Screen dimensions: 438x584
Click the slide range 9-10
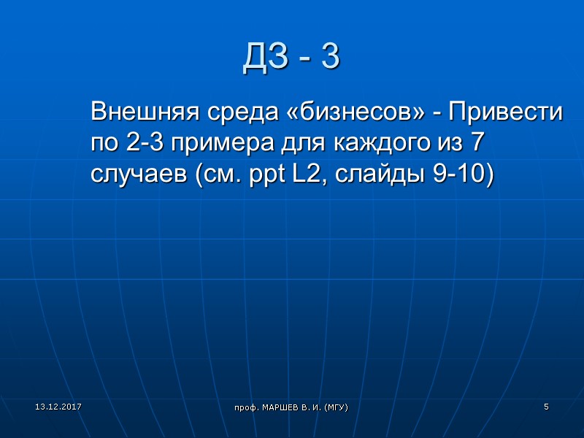(x=464, y=175)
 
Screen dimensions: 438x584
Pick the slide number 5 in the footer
(x=545, y=405)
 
